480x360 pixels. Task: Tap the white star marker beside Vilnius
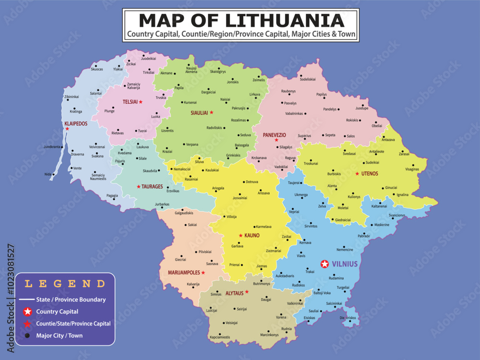(325, 264)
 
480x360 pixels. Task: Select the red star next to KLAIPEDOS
(67, 129)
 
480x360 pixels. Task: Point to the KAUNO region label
(252, 236)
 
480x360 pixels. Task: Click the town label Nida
(48, 174)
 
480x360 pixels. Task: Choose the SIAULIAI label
(199, 113)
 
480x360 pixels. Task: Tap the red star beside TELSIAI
(141, 102)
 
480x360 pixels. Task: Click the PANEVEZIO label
(275, 135)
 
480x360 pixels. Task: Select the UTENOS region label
(370, 173)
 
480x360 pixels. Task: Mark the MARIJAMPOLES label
(184, 273)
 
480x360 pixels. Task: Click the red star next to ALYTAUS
(247, 292)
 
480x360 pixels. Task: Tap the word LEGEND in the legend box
(65, 284)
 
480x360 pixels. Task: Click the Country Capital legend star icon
(28, 312)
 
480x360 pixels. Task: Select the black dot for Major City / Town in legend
(28, 336)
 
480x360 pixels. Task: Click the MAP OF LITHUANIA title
(241, 21)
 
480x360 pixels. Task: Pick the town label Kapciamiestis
(220, 337)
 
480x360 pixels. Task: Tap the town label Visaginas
(412, 169)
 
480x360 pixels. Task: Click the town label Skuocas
(97, 69)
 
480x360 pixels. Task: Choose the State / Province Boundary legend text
(71, 300)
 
